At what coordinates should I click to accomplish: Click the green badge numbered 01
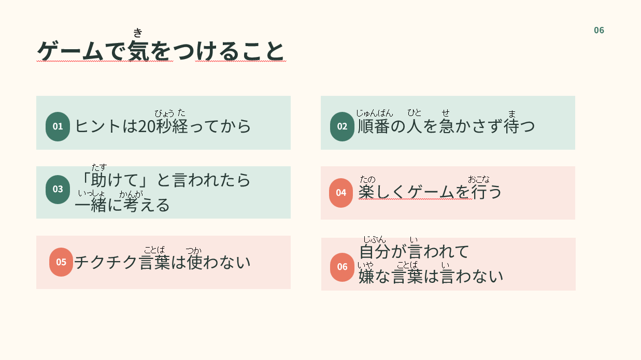click(x=58, y=126)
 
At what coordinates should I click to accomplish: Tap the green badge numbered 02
click(x=342, y=126)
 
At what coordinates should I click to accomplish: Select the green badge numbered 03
click(x=58, y=189)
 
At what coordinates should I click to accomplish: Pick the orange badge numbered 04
click(x=341, y=193)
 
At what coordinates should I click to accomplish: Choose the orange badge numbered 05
click(x=61, y=262)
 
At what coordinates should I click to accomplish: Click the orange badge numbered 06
click(x=342, y=267)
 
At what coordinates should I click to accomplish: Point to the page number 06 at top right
click(x=599, y=31)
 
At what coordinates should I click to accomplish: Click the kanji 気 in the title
click(x=139, y=51)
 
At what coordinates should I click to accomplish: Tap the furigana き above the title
click(x=138, y=33)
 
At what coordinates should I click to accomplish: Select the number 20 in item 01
click(x=147, y=126)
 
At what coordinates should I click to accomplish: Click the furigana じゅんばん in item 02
click(x=375, y=113)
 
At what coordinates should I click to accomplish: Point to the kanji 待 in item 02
click(x=511, y=126)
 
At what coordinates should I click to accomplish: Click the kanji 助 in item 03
click(x=99, y=180)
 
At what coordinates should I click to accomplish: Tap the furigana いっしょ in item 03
click(x=92, y=194)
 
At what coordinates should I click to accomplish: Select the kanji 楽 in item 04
click(x=366, y=192)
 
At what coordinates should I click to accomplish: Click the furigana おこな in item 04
click(x=479, y=180)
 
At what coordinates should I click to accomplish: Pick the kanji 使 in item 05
click(x=195, y=262)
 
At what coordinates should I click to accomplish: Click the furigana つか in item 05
click(x=194, y=251)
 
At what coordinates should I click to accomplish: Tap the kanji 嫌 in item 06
click(x=366, y=276)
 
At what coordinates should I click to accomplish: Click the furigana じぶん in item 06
click(x=375, y=239)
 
